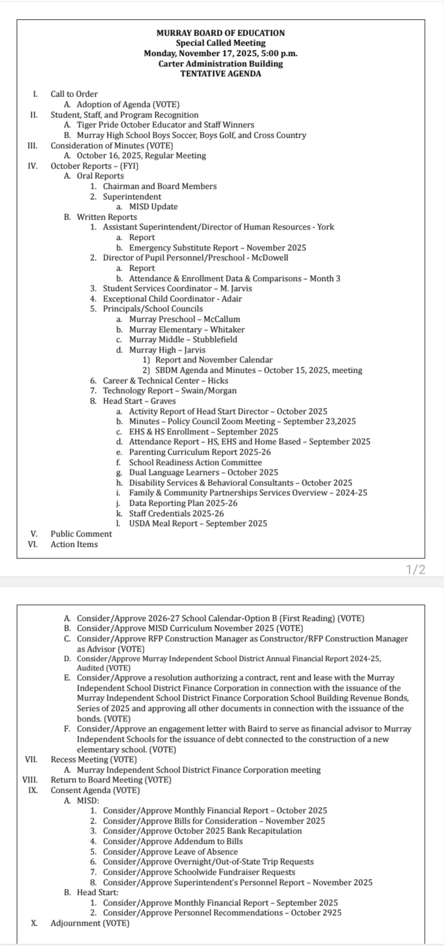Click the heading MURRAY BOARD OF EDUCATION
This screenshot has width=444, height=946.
[221, 33]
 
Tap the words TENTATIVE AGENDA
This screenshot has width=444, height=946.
[221, 74]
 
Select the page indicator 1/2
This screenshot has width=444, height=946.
[415, 570]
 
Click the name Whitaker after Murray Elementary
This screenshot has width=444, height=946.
[228, 329]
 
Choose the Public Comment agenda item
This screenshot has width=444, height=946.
[81, 534]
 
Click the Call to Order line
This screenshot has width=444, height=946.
[74, 94]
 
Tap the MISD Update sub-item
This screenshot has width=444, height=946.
[153, 207]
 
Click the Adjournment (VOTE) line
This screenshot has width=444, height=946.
[90, 923]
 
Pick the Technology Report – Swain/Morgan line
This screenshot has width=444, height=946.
[170, 391]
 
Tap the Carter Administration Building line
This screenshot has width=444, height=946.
[221, 64]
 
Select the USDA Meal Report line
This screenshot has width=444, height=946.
[198, 524]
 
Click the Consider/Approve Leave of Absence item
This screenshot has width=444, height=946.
[170, 852]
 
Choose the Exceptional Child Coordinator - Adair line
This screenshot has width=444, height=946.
[172, 299]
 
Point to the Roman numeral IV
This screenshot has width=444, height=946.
[33, 166]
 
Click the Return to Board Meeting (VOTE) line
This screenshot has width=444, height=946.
[111, 780]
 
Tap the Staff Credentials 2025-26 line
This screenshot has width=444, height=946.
[176, 513]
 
